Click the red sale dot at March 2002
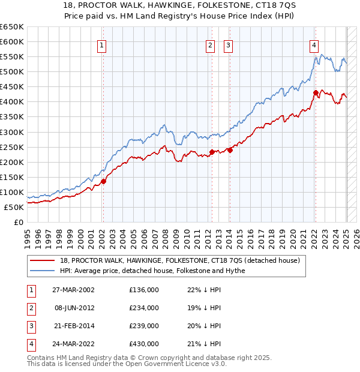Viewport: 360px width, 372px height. pyautogui.click(x=103, y=181)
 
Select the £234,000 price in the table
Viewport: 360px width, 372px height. pyautogui.click(x=144, y=308)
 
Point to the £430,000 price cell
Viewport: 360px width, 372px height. pyautogui.click(x=144, y=344)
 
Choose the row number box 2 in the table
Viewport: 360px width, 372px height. pyautogui.click(x=30, y=308)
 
